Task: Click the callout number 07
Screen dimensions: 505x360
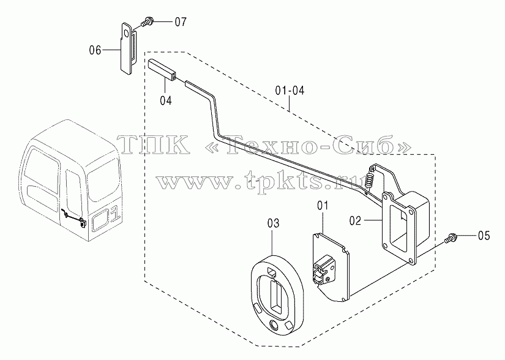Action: coord(181,22)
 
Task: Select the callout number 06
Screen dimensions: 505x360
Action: coord(95,50)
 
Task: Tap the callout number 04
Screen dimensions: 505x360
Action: coord(166,100)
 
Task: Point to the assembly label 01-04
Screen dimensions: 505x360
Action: coord(290,91)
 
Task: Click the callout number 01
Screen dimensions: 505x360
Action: coord(323,206)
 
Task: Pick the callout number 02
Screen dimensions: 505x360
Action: coord(355,220)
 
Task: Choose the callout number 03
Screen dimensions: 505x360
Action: coord(273,223)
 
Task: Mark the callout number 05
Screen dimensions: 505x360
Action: coord(484,236)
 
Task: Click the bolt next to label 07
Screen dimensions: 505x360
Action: coord(146,23)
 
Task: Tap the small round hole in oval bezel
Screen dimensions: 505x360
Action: coord(275,324)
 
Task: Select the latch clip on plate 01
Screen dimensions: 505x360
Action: coord(323,270)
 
